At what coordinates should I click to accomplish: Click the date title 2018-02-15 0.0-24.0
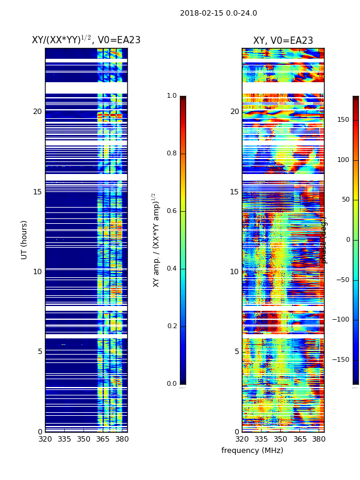[218, 13]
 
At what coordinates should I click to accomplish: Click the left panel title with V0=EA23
[86, 40]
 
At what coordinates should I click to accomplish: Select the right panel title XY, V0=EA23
[283, 41]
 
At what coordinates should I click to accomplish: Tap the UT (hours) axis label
[25, 239]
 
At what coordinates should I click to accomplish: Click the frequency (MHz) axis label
[252, 451]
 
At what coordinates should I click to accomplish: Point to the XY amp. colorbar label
[155, 239]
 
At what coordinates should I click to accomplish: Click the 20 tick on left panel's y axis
[37, 112]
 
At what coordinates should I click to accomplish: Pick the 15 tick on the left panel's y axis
[37, 192]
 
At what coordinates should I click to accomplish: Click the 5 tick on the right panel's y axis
[236, 352]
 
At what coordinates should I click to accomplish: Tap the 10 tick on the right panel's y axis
[234, 272]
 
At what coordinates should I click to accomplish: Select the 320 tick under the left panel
[45, 439]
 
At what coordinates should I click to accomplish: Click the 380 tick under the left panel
[122, 439]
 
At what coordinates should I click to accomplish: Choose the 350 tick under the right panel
[280, 439]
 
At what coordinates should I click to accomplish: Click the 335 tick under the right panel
[261, 439]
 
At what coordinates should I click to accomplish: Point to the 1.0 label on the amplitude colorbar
[172, 96]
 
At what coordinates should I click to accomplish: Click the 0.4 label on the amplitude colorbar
[172, 269]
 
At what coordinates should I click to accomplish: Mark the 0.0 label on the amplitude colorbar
[172, 384]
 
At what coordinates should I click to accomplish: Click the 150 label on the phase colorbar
[343, 120]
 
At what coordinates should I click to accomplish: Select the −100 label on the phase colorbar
[340, 320]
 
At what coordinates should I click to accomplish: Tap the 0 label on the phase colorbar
[347, 240]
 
